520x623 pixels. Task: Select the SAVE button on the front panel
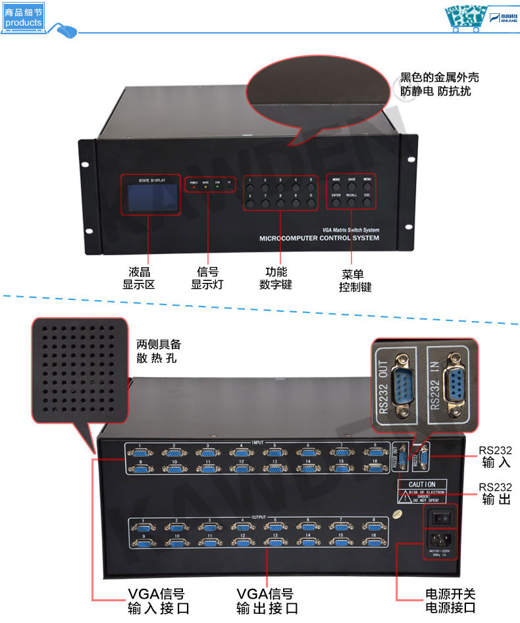(x=351, y=187)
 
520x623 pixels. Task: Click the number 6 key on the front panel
(x=251, y=204)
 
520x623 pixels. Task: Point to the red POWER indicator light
(x=194, y=187)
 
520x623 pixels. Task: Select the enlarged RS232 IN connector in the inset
(x=454, y=384)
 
